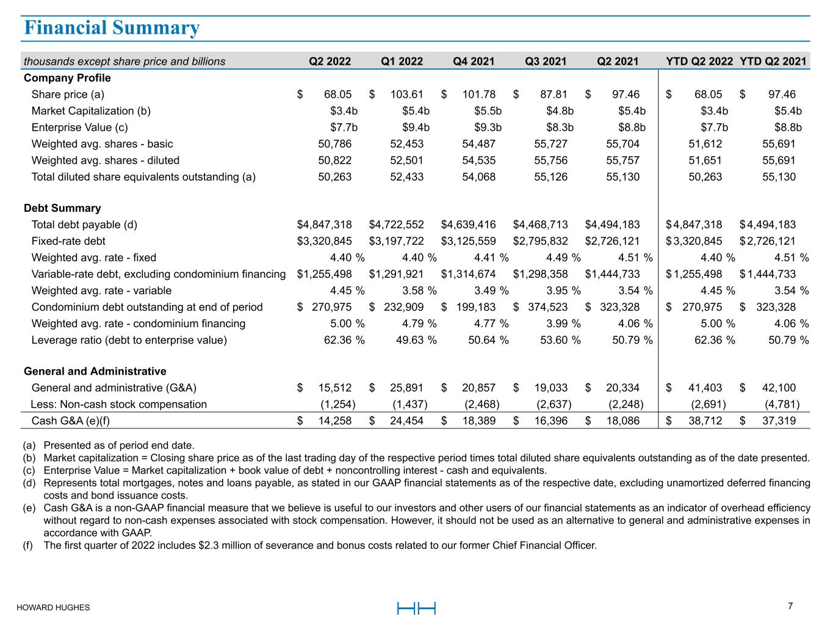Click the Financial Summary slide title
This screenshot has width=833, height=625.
[x=111, y=28]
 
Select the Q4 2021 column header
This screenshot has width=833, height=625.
[x=474, y=61]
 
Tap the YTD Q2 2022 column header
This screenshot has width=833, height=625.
[x=699, y=61]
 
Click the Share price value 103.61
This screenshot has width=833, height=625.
[x=406, y=95]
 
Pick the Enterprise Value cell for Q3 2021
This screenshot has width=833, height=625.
[x=560, y=128]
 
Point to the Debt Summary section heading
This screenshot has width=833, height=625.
[x=62, y=208]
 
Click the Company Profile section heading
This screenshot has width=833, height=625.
[x=67, y=78]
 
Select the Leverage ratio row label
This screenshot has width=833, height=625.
[x=129, y=340]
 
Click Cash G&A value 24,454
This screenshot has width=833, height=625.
[x=406, y=421]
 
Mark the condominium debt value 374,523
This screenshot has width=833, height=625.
[x=548, y=307]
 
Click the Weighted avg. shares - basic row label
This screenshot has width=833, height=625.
[x=102, y=144]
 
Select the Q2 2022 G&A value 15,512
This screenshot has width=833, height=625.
[x=335, y=388]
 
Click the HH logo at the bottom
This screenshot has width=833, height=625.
[x=416, y=609]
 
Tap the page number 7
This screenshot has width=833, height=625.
[x=790, y=606]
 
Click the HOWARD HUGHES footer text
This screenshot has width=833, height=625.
[x=53, y=608]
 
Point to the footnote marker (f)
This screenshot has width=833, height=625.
[x=28, y=545]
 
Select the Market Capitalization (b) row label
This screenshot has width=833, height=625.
[x=91, y=111]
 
